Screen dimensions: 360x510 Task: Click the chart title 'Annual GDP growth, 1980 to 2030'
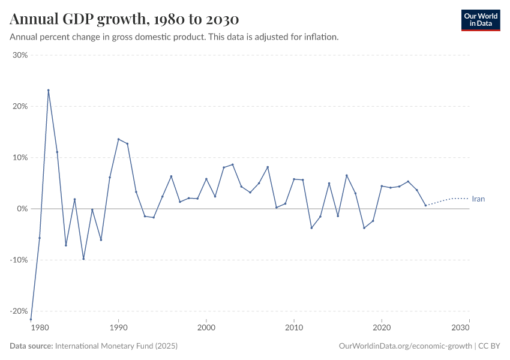click(x=125, y=19)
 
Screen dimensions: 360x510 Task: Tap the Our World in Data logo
click(x=480, y=20)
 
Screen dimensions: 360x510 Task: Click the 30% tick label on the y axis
click(x=20, y=55)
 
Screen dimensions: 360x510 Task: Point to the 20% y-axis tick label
click(x=20, y=106)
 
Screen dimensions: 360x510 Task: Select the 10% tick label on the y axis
click(x=20, y=158)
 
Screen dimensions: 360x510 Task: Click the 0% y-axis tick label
click(x=22, y=209)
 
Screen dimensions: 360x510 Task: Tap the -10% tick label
click(x=19, y=260)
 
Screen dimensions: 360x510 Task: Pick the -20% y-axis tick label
click(x=19, y=311)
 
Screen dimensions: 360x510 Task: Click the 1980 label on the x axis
click(x=40, y=328)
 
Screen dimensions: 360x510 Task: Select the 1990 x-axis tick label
click(x=118, y=328)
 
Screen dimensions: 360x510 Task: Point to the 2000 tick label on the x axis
click(x=206, y=328)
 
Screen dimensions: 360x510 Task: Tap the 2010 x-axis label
click(x=293, y=328)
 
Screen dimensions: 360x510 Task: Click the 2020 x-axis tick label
click(x=381, y=328)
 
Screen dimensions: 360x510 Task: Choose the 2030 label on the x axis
click(x=460, y=328)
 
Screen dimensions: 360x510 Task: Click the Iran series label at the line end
click(x=478, y=199)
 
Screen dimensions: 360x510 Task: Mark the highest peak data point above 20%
click(x=49, y=91)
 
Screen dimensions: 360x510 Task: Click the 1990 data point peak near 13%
click(x=118, y=139)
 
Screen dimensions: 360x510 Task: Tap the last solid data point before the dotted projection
click(x=425, y=206)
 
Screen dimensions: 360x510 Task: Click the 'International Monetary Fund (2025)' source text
click(x=116, y=346)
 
